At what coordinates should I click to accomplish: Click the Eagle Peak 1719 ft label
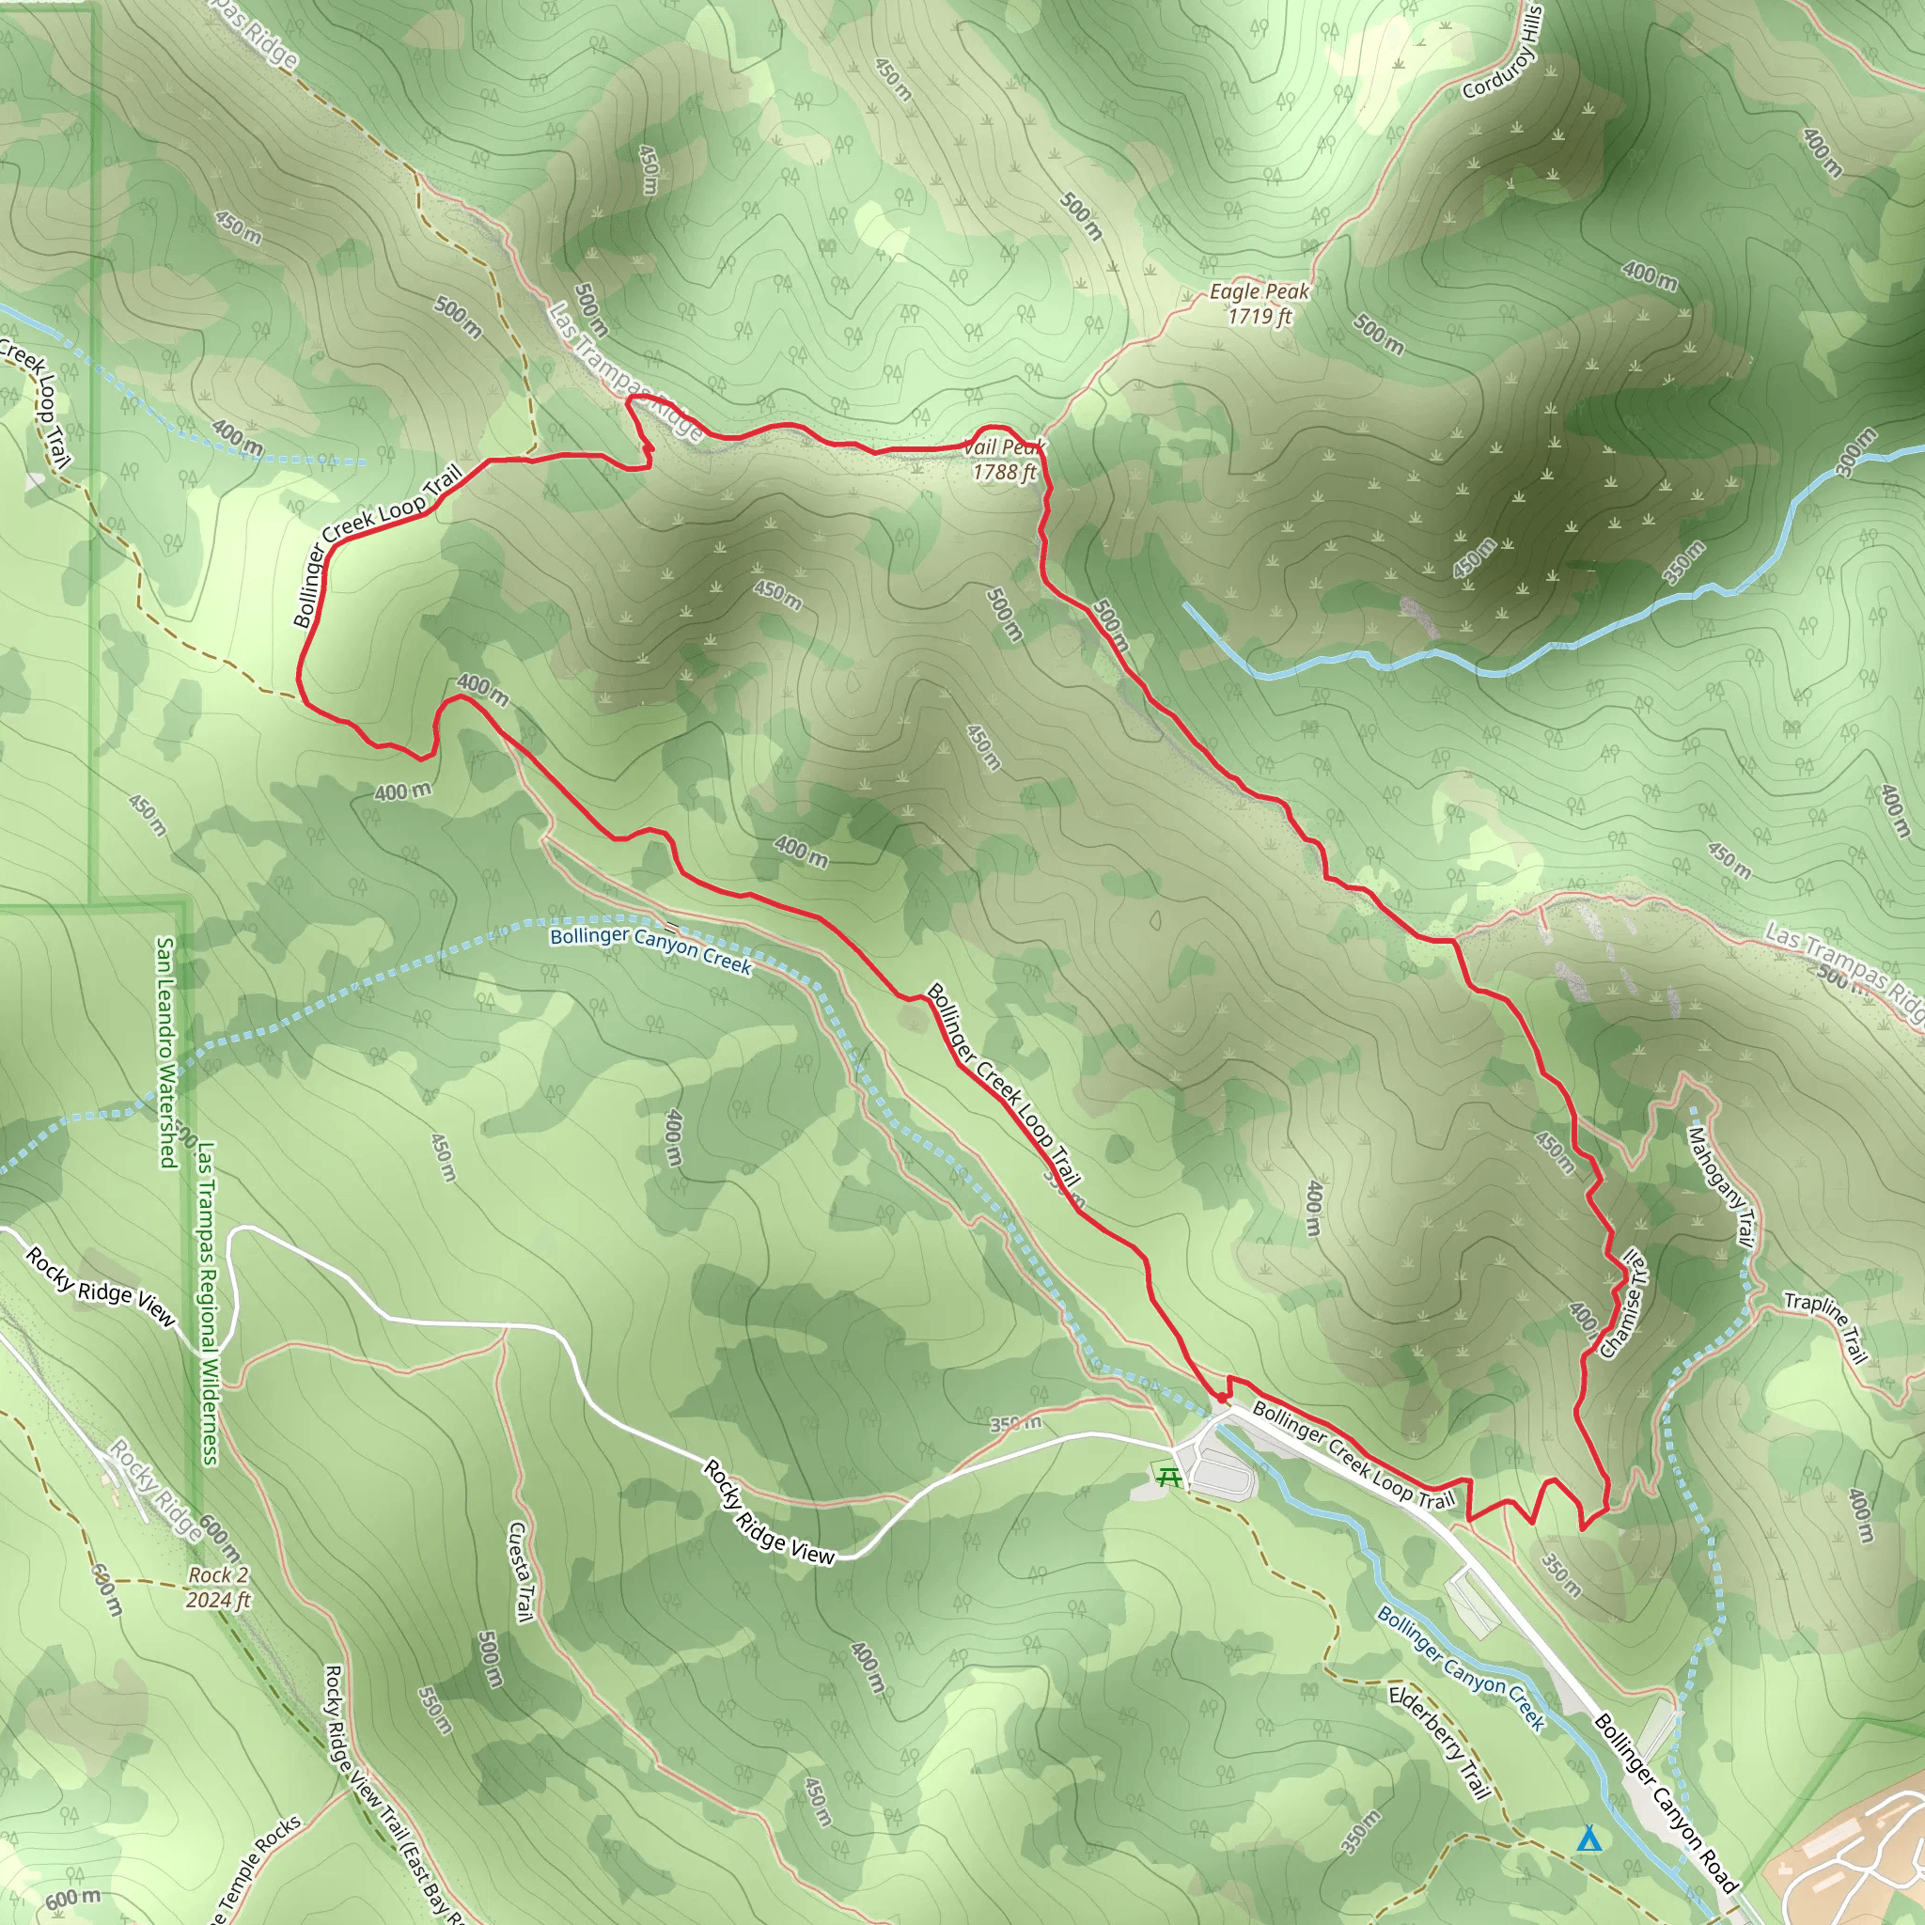pyautogui.click(x=1259, y=304)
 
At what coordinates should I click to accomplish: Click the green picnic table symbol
pyautogui.click(x=1168, y=1477)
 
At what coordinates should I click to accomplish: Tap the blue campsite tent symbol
pyautogui.click(x=1589, y=1839)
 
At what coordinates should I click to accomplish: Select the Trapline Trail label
pyautogui.click(x=1825, y=1326)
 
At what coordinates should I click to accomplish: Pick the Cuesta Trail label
pyautogui.click(x=519, y=1572)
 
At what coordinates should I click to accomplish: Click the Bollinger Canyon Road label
pyautogui.click(x=1666, y=1804)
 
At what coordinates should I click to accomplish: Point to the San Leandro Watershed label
pyautogui.click(x=166, y=1051)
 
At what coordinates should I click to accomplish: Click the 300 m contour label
pyautogui.click(x=1856, y=451)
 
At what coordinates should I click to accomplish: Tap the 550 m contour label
pyautogui.click(x=435, y=1710)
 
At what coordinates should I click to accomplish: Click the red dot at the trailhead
pyautogui.click(x=1222, y=1399)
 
